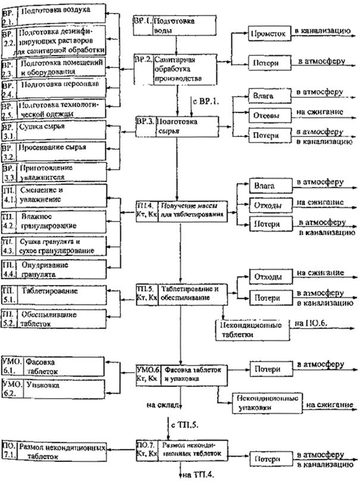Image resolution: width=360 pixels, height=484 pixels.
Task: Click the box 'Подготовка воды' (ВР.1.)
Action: point(173,24)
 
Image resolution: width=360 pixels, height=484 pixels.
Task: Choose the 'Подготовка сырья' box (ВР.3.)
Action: point(176,124)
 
